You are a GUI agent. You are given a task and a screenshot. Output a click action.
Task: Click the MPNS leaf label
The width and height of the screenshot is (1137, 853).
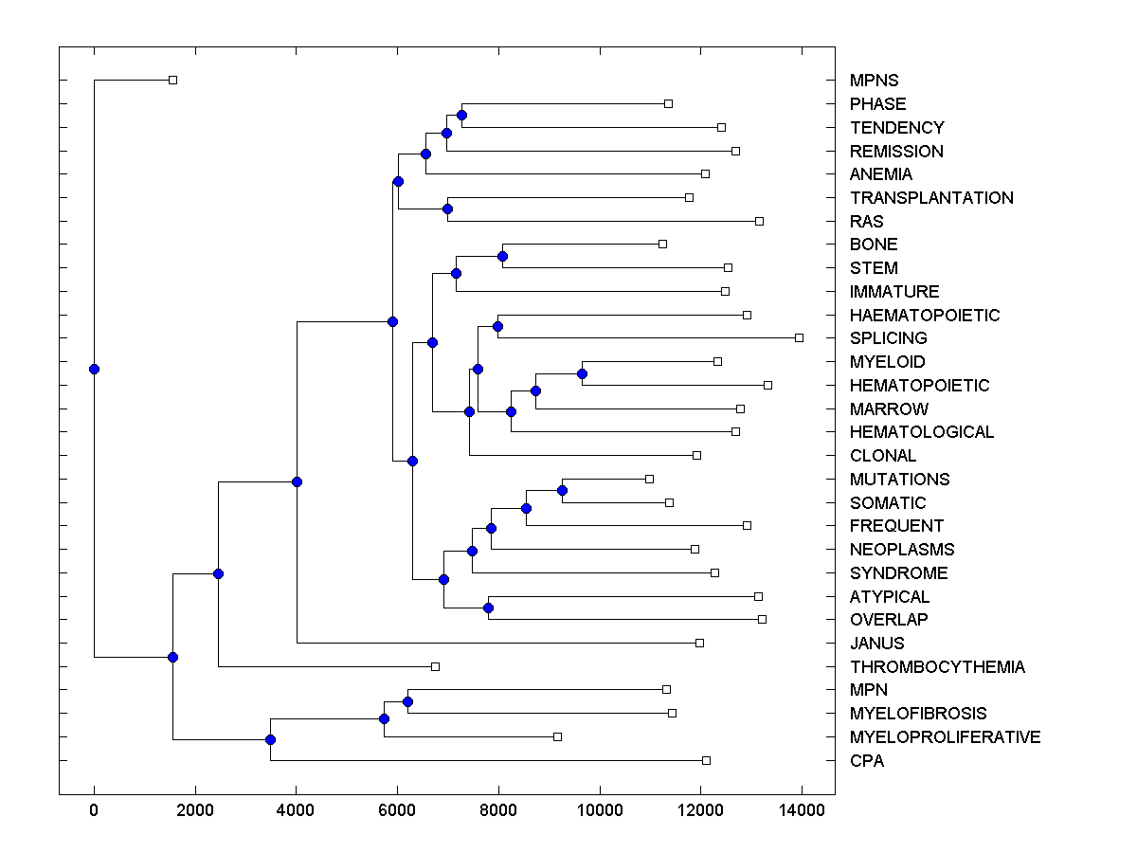point(874,81)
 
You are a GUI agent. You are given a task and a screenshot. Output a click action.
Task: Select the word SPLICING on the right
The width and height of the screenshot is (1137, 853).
point(888,338)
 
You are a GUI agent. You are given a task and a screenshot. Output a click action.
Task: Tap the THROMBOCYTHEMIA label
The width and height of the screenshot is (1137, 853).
point(937,667)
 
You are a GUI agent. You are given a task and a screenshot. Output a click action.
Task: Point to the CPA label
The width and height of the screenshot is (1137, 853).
point(867,760)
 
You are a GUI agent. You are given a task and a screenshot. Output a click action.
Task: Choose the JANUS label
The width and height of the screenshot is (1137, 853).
point(876,644)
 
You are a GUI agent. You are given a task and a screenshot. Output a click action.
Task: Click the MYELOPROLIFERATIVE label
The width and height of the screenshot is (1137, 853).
point(945,737)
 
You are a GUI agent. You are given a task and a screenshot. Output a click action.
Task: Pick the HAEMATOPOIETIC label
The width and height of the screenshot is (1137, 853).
point(925,315)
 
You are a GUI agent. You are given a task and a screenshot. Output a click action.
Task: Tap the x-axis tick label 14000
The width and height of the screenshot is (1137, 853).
point(803,808)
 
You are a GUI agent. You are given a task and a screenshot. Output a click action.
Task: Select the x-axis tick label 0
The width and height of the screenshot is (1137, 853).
point(94,808)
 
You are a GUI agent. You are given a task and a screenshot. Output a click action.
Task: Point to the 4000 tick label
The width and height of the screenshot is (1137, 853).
point(296,808)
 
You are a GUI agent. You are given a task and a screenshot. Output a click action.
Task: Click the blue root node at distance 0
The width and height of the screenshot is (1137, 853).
point(94,369)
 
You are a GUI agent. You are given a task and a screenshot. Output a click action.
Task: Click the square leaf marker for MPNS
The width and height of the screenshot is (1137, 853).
point(172,80)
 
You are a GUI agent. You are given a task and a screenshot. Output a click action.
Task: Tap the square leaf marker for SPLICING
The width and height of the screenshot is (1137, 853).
point(799,337)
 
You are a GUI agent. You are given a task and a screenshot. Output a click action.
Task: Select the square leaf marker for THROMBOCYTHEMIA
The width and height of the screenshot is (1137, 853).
point(436,666)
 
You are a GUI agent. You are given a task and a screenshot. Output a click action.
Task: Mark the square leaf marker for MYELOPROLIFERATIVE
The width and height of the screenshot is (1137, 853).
point(557,736)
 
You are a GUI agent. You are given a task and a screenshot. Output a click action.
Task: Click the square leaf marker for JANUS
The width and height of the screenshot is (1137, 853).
point(699,643)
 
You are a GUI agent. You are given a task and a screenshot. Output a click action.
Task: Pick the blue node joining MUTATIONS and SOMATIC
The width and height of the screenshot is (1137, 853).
point(562,490)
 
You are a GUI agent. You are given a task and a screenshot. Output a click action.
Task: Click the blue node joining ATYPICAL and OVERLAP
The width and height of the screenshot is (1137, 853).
point(488,608)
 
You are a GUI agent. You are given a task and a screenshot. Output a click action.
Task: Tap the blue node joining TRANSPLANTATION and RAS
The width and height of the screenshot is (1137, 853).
point(448,209)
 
